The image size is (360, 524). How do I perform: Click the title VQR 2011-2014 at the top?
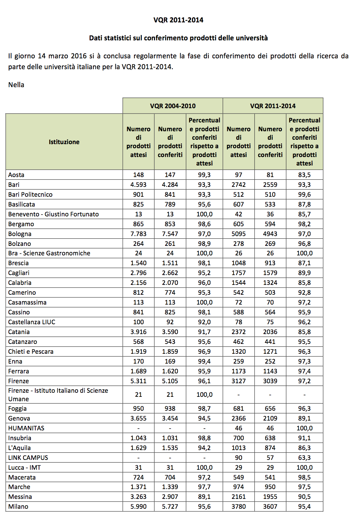(178, 20)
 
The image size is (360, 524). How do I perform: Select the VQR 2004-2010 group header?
(173, 106)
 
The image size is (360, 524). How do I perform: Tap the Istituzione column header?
(64, 142)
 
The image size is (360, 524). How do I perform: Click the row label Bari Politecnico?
(31, 194)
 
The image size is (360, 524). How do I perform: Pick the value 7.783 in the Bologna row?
(138, 234)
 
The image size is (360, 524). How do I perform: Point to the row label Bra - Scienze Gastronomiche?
(49, 253)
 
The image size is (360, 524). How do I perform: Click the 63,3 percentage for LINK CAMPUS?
(304, 458)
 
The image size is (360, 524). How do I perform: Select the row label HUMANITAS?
(26, 428)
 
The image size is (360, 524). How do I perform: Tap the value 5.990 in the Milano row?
(138, 506)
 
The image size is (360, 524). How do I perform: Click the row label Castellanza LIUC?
(32, 322)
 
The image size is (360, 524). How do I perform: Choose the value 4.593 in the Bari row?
(138, 185)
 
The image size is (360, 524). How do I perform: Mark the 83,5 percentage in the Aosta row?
(304, 175)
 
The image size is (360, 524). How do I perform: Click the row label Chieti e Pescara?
(31, 351)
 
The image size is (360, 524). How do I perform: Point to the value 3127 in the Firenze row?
(239, 381)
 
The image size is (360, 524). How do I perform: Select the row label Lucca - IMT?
(24, 467)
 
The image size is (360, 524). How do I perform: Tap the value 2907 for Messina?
(170, 497)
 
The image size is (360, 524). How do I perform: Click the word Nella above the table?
(16, 85)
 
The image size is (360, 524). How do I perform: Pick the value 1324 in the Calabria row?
(270, 283)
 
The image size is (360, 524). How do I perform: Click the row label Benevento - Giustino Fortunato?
(54, 214)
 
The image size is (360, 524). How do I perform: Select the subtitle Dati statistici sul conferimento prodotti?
(178, 38)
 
